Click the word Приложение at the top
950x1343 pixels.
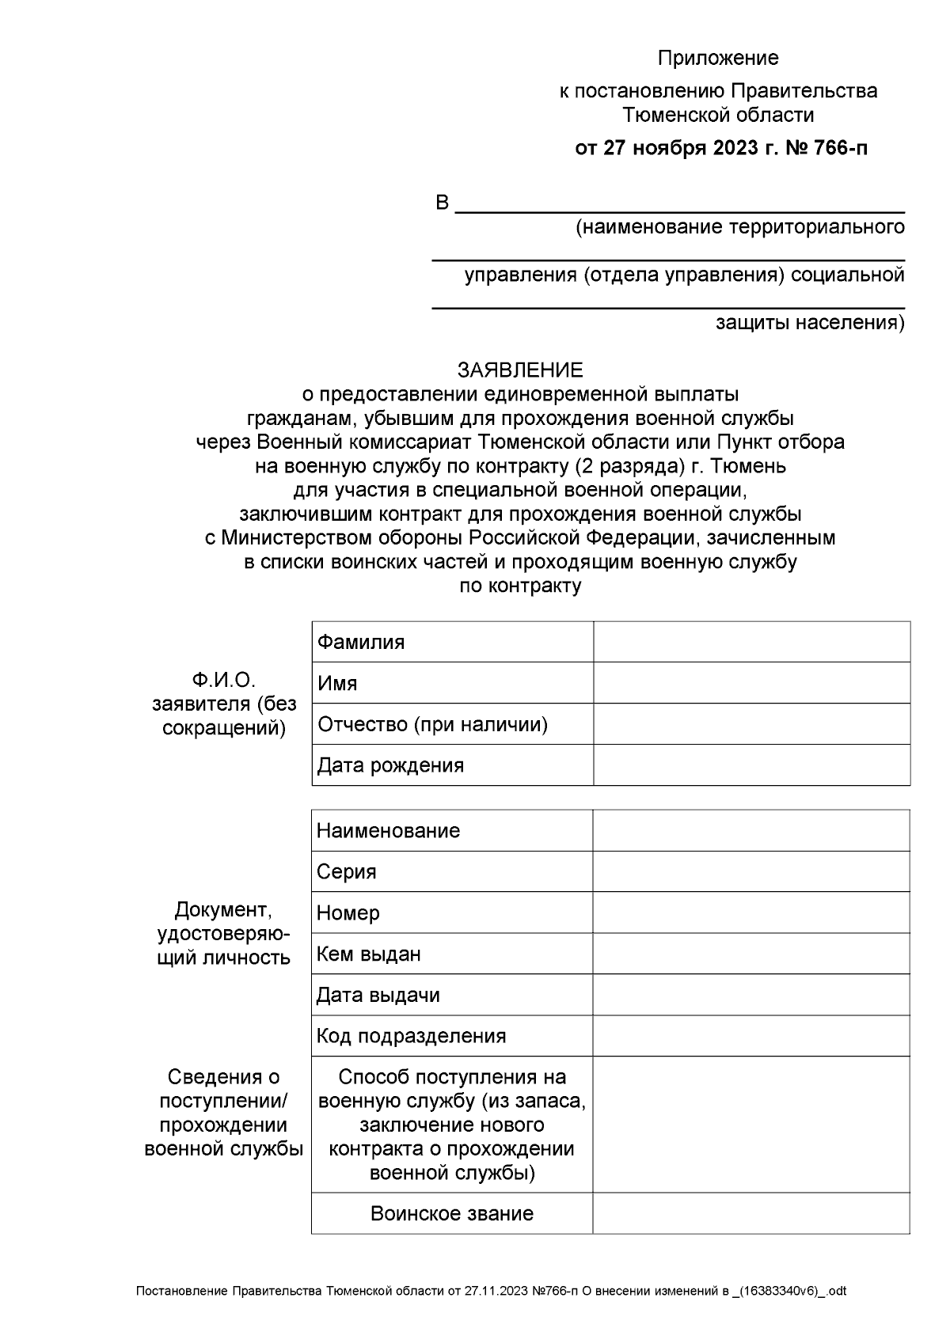[x=718, y=58]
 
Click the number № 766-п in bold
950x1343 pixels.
[x=826, y=148]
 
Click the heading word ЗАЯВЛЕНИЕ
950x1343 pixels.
[x=519, y=370]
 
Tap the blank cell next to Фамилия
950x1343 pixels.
[x=751, y=642]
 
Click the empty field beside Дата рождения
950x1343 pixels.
[x=751, y=765]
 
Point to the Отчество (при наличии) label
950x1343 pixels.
[x=432, y=724]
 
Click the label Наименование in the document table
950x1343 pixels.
[x=388, y=830]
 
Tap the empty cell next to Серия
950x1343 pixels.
[x=751, y=871]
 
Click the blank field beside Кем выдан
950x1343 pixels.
[x=751, y=954]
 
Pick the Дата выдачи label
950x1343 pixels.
[x=378, y=995]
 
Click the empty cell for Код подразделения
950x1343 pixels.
[x=751, y=1036]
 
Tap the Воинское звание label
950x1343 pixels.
[x=452, y=1213]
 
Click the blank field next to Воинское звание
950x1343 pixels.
[x=751, y=1213]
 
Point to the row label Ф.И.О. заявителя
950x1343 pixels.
[x=224, y=704]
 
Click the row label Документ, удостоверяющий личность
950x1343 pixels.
[x=224, y=933]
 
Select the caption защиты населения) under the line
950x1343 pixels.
[x=810, y=323]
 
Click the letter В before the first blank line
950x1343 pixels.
[x=443, y=203]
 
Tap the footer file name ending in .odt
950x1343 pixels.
[x=491, y=1291]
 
